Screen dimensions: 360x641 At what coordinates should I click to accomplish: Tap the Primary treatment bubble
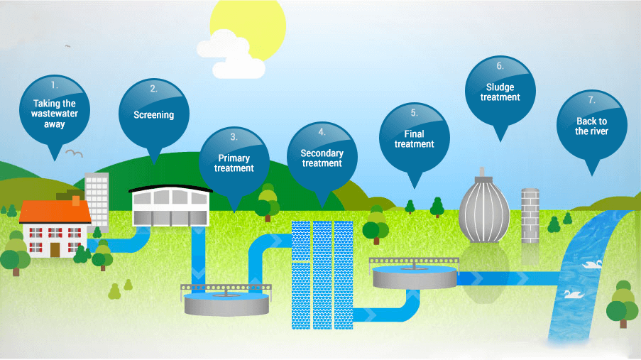tap(234, 160)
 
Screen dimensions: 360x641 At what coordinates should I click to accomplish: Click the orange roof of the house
tap(55, 211)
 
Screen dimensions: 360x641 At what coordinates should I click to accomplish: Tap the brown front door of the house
tap(55, 248)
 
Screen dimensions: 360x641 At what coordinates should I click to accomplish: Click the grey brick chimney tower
tap(530, 215)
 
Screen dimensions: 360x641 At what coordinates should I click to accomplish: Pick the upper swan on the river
tap(593, 263)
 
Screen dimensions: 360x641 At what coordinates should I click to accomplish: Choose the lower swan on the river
tap(571, 293)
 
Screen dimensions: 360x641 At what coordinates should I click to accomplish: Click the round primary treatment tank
tap(226, 304)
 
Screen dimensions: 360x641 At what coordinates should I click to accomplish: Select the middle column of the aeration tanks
tap(322, 273)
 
